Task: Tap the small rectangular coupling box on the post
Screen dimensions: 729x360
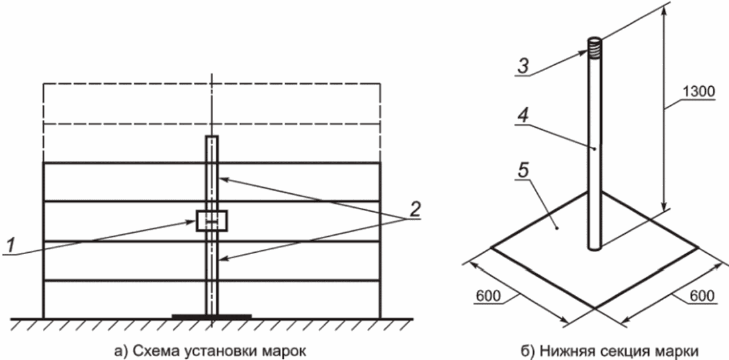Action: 212,220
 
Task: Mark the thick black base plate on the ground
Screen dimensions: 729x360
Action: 212,316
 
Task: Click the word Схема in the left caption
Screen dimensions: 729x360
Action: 145,350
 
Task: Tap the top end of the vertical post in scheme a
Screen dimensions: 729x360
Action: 212,136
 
